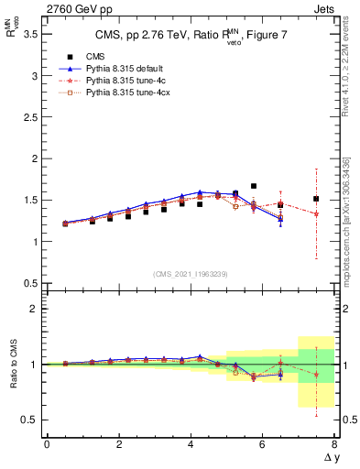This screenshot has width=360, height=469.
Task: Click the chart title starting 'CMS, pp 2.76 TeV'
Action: click(x=191, y=37)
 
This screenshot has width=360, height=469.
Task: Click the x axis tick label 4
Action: click(x=191, y=444)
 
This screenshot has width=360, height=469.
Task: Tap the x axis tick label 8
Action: click(x=334, y=444)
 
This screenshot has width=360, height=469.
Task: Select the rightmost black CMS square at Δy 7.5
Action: click(x=316, y=199)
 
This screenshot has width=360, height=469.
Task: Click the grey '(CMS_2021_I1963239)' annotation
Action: click(x=191, y=274)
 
